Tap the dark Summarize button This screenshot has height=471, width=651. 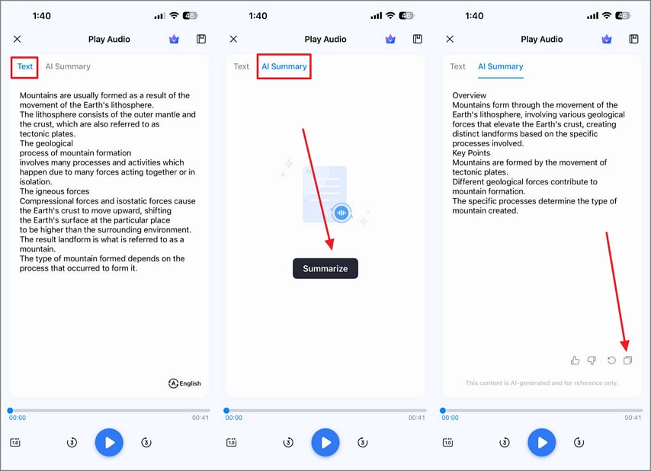tap(325, 268)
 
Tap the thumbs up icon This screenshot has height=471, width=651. tap(575, 360)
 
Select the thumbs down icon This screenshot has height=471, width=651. tap(592, 360)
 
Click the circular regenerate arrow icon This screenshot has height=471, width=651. tap(611, 360)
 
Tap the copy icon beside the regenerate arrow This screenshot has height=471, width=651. tap(628, 360)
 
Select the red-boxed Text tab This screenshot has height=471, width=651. tap(25, 66)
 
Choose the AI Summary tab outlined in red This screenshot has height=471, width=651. tap(284, 66)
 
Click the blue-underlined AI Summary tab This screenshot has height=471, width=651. tap(500, 66)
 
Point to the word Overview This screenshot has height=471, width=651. tap(469, 95)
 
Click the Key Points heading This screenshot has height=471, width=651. tap(471, 152)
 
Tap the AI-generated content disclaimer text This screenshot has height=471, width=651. tap(541, 383)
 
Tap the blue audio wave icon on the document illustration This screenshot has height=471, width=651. tap(342, 213)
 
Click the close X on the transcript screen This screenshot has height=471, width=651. tap(17, 39)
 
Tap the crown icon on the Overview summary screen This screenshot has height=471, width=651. tap(607, 39)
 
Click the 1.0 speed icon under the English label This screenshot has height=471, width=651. tap(15, 442)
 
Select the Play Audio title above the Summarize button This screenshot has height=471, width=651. tap(325, 40)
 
